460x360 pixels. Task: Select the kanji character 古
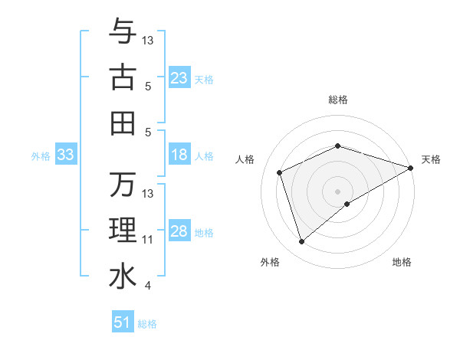123,78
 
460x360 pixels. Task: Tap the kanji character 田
123,123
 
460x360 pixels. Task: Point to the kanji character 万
123,185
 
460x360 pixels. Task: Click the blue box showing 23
179,78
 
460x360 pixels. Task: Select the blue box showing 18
179,155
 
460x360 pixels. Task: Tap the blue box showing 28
179,232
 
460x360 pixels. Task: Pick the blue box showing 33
66,155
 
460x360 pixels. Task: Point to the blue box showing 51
123,322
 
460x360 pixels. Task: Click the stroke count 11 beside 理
148,240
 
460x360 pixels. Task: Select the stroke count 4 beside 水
148,286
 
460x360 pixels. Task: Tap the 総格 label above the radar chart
337,100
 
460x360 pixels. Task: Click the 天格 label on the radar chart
431,159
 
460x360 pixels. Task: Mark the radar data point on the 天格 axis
411,167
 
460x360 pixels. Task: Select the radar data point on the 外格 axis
301,242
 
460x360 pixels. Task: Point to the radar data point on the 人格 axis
280,172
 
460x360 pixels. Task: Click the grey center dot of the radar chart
337,191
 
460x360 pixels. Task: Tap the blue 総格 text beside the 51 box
147,324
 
